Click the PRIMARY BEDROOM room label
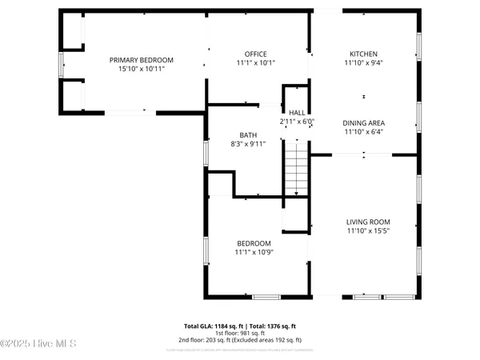tap(142, 60)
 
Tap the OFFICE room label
tap(254, 53)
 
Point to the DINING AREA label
tap(363, 123)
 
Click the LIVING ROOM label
tap(368, 222)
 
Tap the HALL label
tap(297, 113)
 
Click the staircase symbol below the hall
tap(297, 166)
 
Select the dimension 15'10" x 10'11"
tap(142, 70)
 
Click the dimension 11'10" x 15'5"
tap(368, 231)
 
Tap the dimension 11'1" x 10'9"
tap(254, 252)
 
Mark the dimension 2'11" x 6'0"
tap(297, 122)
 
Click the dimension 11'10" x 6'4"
tap(363, 133)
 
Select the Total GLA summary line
tap(240, 326)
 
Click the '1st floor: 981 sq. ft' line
tap(240, 334)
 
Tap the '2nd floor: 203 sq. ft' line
tap(240, 341)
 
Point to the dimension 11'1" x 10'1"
tap(254, 62)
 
